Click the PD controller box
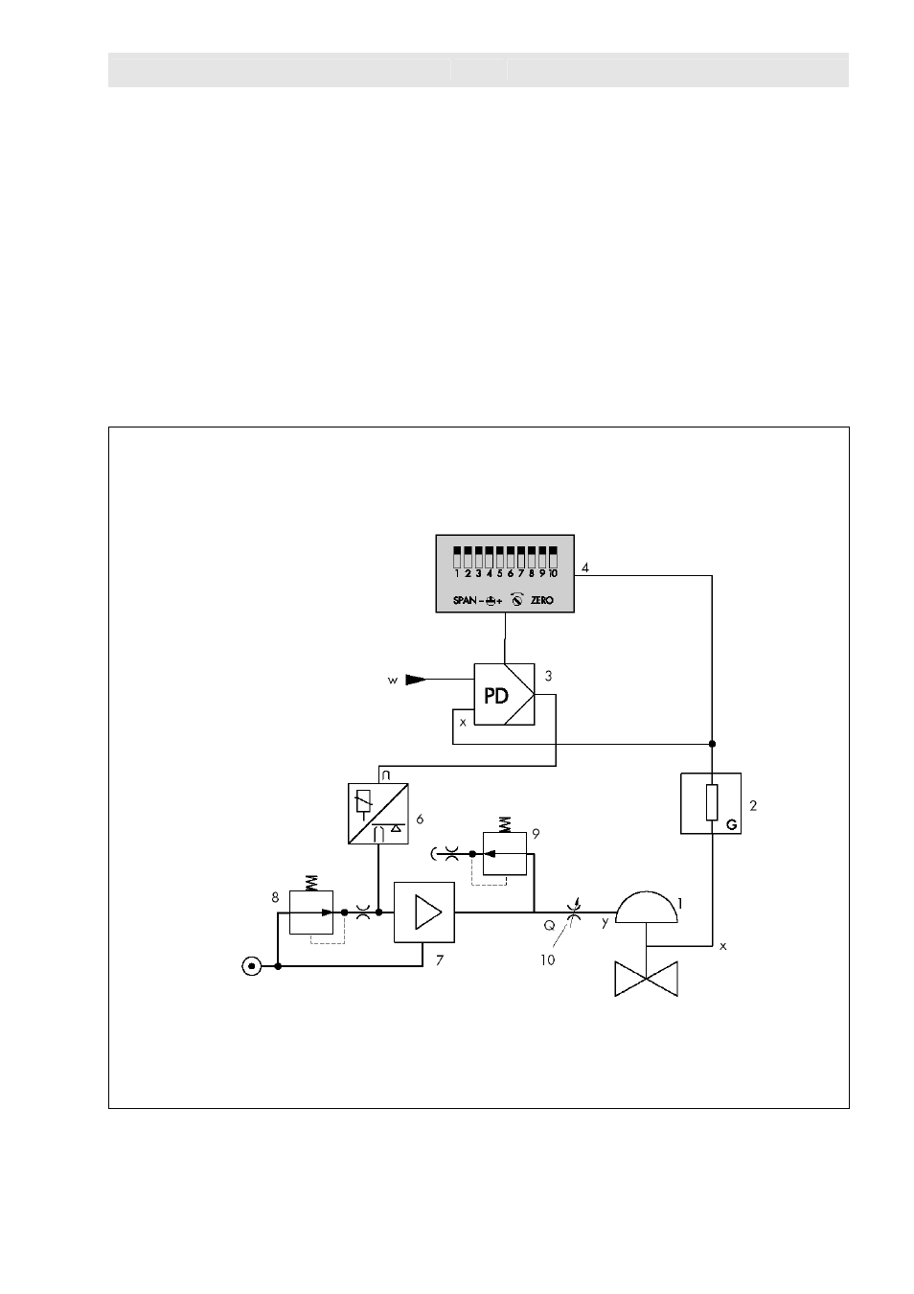click(504, 694)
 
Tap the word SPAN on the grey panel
click(465, 600)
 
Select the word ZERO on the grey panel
click(542, 600)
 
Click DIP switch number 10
click(553, 558)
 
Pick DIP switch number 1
click(457, 558)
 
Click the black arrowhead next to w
click(416, 680)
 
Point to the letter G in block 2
click(732, 825)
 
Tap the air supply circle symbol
click(251, 966)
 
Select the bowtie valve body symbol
click(646, 979)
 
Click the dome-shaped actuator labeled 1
click(646, 908)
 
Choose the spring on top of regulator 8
click(311, 883)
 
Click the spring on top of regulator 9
click(504, 824)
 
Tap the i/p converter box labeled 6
click(378, 814)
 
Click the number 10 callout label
click(547, 960)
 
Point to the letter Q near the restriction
click(549, 925)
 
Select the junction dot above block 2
click(712, 744)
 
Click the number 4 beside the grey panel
click(584, 567)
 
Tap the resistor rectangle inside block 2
click(712, 802)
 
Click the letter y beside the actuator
click(606, 922)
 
